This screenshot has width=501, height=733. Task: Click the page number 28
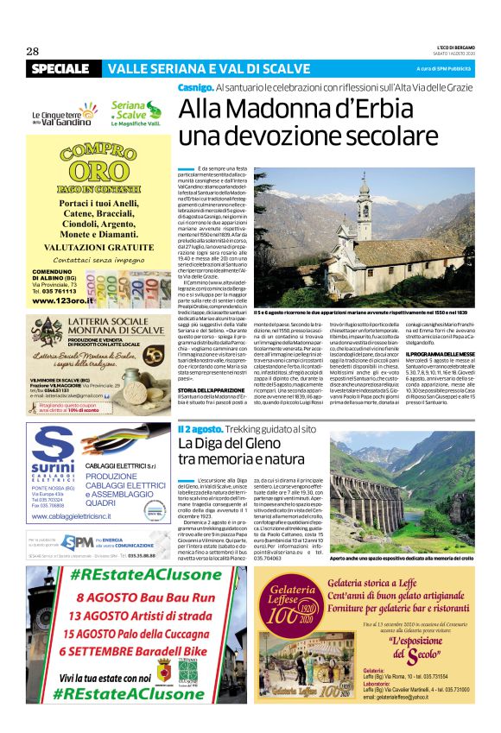[33, 51]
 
